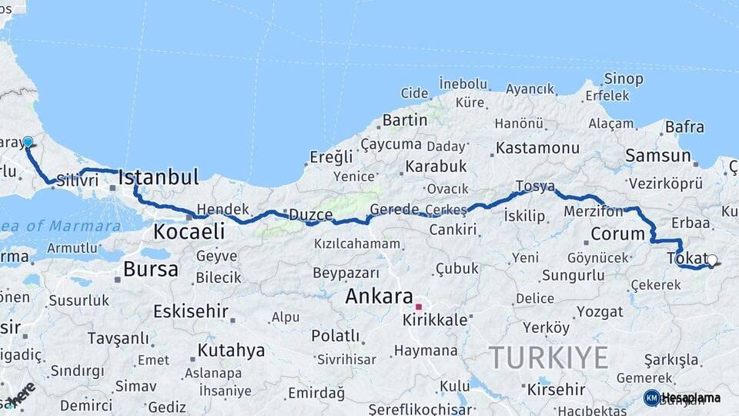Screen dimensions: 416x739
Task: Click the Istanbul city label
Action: point(159,177)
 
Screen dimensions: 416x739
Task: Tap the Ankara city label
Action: point(380,297)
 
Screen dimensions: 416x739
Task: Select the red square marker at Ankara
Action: point(419,306)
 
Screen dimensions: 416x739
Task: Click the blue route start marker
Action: point(28,142)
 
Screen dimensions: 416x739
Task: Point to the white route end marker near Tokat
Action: point(712,260)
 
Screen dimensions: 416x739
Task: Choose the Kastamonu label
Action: point(538,147)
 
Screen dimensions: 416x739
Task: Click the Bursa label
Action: point(151,270)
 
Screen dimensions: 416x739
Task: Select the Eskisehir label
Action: point(190,311)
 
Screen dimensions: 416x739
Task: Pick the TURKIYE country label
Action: point(549,357)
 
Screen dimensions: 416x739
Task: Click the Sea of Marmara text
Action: point(61,226)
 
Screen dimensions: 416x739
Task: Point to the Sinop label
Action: point(624,79)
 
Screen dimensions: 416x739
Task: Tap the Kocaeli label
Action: point(189,231)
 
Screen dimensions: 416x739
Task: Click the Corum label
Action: point(617,233)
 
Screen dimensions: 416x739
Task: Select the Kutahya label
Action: point(231,351)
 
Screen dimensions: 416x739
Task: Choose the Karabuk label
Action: point(436,166)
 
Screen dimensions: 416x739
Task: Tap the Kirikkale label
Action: point(435,320)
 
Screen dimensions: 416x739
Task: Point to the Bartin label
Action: point(404,120)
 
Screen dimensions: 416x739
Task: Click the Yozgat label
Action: point(600,312)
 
